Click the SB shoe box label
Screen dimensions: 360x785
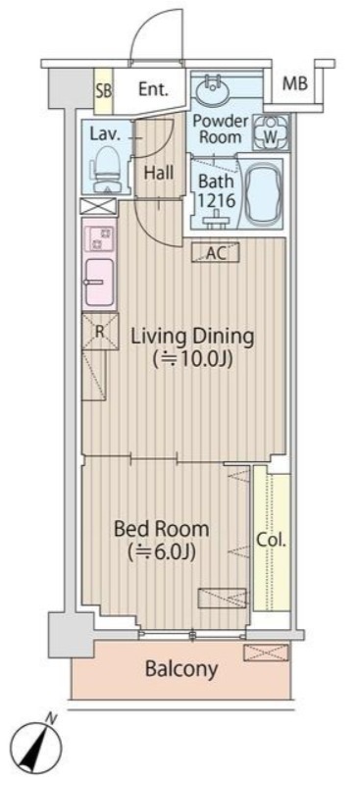click(104, 90)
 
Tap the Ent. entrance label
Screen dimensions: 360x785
click(154, 90)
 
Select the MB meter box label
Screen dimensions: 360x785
click(295, 83)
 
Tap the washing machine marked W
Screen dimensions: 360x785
click(270, 131)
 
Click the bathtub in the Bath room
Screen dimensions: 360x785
click(265, 192)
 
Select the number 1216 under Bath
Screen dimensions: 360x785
click(216, 201)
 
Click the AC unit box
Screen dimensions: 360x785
click(217, 253)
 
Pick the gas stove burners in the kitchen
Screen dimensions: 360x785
click(100, 239)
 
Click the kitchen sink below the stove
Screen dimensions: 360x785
click(100, 282)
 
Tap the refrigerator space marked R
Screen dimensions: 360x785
click(100, 332)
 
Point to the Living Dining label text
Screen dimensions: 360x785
click(193, 337)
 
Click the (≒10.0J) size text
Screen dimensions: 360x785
click(193, 360)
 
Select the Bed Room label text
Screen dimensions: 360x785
click(161, 529)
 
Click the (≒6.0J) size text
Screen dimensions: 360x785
click(161, 551)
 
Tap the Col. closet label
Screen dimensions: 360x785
click(272, 541)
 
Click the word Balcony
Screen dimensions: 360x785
click(181, 669)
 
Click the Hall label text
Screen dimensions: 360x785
click(159, 174)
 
